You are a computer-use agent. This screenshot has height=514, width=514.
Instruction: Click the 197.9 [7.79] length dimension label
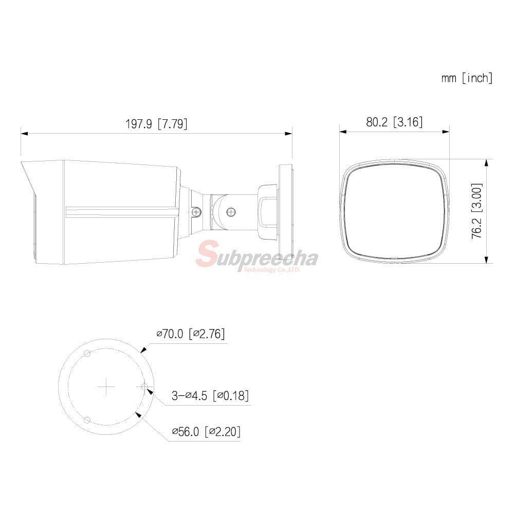point(156,124)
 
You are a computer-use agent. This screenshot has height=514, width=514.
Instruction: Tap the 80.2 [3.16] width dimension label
point(394,122)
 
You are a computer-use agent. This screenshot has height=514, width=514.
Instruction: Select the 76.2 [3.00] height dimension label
point(477,210)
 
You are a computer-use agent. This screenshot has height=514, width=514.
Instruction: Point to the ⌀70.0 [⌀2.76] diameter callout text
point(191,334)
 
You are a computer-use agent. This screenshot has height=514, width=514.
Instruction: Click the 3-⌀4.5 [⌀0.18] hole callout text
point(210,395)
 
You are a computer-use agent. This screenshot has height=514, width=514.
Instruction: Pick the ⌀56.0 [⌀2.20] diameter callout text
point(206,431)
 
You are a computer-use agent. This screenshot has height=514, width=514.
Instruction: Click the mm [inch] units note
point(467,78)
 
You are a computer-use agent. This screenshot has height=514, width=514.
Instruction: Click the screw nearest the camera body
point(196,212)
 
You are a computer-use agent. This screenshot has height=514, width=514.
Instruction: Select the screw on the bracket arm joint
point(231,212)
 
